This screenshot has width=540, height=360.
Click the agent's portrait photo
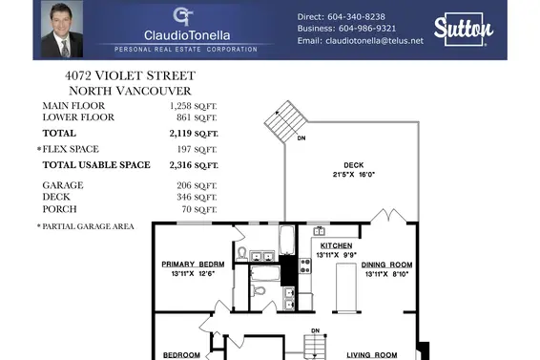(57, 30)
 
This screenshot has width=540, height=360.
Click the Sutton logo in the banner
(461, 30)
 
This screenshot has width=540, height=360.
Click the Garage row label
(60, 183)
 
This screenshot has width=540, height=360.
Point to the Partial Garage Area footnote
(86, 226)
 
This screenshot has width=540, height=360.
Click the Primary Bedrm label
(193, 265)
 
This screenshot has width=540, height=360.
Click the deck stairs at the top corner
(283, 119)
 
